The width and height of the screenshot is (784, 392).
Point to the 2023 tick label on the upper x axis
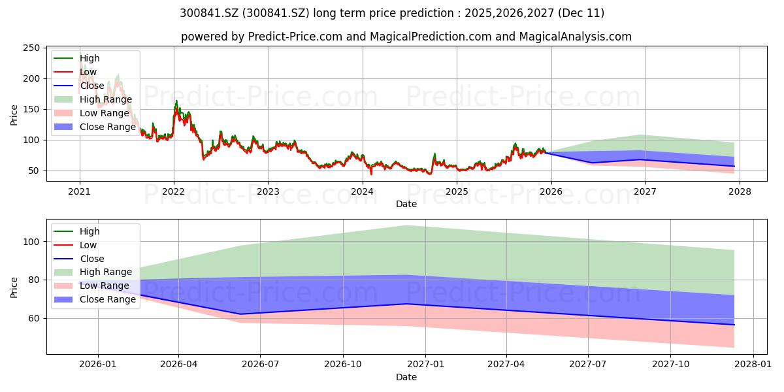click(x=268, y=191)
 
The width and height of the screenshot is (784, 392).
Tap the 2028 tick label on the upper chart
click(x=740, y=191)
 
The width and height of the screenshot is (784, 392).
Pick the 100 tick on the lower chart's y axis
click(x=31, y=242)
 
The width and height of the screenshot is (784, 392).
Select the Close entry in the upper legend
click(x=92, y=86)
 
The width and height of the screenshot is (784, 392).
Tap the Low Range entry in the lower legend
click(x=105, y=286)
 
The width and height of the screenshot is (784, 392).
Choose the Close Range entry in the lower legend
click(x=108, y=299)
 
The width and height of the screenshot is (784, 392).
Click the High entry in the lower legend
click(x=90, y=231)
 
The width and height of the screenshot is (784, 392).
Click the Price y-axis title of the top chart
click(x=14, y=115)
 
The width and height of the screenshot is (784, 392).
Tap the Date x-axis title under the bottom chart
click(x=406, y=377)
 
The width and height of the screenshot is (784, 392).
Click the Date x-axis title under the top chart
click(x=406, y=203)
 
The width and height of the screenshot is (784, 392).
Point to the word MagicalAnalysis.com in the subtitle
click(x=575, y=37)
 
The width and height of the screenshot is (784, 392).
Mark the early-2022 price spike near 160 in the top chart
click(x=176, y=102)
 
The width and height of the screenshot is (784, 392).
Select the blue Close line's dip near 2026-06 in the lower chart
click(x=240, y=314)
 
